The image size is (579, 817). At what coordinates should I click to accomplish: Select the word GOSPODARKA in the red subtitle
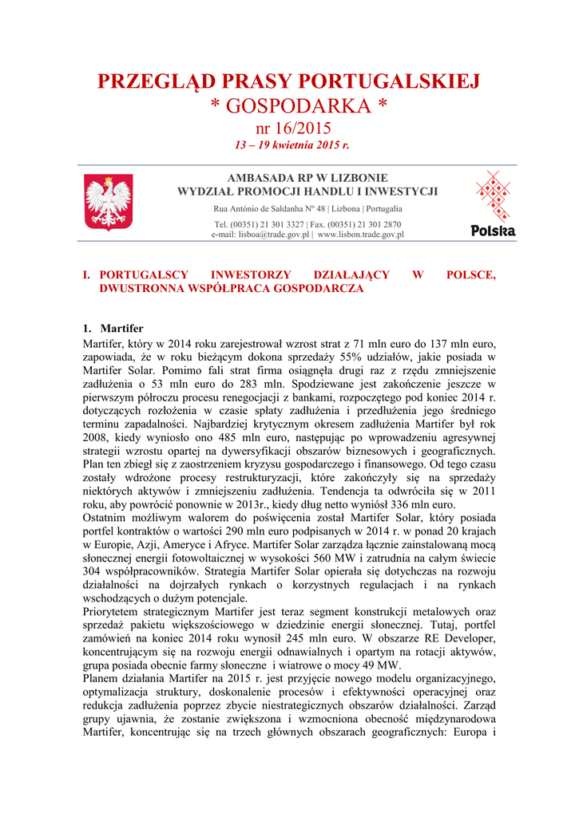[x=296, y=107]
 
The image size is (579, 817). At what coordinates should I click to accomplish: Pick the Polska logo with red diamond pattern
[x=493, y=204]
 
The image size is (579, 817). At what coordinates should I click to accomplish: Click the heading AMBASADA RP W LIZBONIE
[x=307, y=178]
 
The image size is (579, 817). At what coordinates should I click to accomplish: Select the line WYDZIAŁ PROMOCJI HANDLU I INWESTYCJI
[x=307, y=191]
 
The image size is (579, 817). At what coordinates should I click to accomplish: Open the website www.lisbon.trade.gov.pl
[x=360, y=235]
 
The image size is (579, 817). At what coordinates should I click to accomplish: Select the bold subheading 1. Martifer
[x=113, y=329]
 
